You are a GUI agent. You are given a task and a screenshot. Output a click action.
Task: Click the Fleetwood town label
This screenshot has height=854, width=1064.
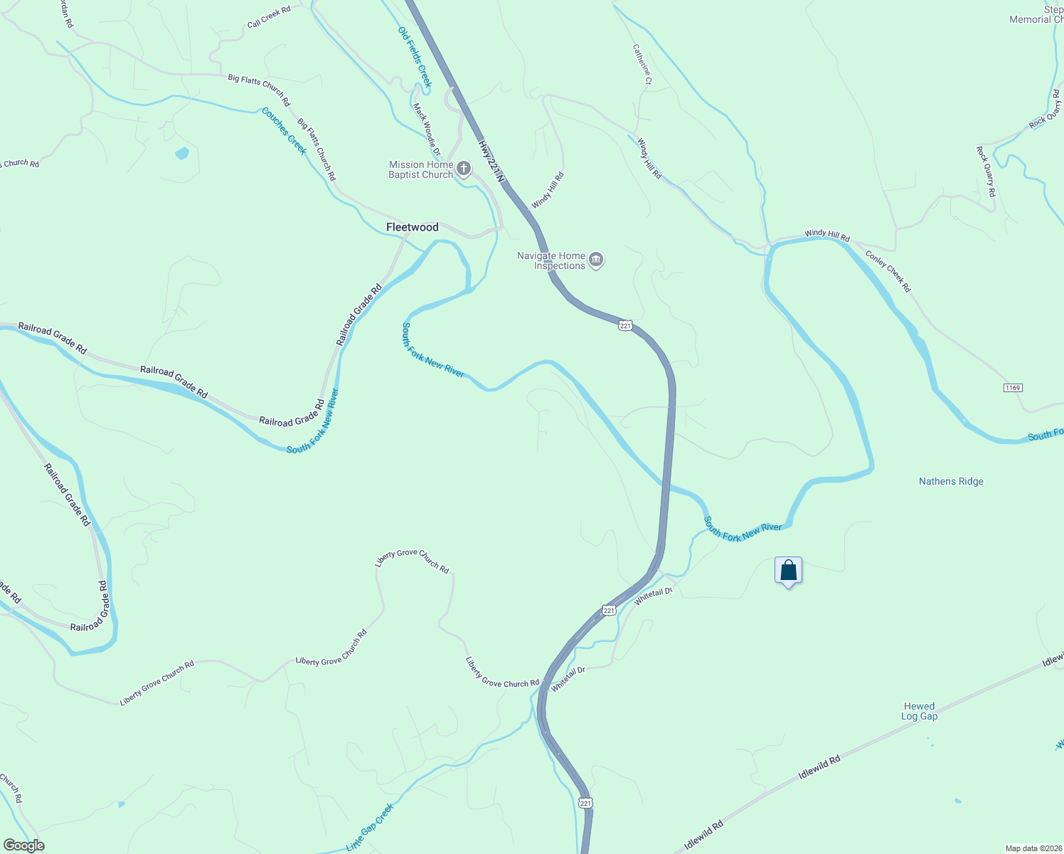(x=412, y=227)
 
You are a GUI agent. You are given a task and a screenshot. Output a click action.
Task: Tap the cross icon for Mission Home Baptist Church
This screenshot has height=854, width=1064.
(x=464, y=169)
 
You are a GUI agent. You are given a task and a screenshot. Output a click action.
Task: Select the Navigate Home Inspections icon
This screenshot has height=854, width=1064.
(x=597, y=260)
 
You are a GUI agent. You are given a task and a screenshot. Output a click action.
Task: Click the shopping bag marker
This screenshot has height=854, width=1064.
(x=788, y=571)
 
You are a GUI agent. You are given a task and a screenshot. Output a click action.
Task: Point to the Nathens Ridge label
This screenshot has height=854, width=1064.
(x=951, y=482)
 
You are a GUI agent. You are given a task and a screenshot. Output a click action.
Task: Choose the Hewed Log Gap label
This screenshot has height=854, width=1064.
(x=919, y=711)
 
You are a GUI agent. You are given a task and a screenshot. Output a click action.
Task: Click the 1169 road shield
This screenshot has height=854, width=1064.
(x=1013, y=388)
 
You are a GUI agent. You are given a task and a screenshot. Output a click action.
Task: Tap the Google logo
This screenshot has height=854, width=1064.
(x=23, y=845)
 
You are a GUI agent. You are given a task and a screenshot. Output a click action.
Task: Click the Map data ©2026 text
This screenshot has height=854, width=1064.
(x=1033, y=848)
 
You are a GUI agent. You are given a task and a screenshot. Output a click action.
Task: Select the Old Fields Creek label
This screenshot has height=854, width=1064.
(x=415, y=57)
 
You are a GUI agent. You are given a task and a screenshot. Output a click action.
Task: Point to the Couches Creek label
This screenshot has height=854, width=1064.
(x=284, y=131)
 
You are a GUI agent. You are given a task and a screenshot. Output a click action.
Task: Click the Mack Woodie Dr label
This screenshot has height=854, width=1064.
(x=427, y=130)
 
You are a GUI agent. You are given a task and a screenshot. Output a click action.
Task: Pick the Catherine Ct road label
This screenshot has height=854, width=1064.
(x=642, y=65)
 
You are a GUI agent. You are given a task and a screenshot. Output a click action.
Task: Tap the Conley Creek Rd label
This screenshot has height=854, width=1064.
(x=888, y=271)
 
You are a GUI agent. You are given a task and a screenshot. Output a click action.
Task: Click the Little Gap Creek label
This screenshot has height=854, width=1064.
(x=369, y=827)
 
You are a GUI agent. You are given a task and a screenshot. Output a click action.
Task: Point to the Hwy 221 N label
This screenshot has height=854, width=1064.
(x=491, y=162)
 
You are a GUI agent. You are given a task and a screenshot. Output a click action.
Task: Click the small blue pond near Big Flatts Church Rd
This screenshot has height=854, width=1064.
(x=182, y=153)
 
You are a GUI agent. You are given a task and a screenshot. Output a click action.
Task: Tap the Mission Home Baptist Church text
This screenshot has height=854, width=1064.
(x=420, y=169)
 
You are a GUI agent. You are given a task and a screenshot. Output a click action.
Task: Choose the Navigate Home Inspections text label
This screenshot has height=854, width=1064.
(x=551, y=260)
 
